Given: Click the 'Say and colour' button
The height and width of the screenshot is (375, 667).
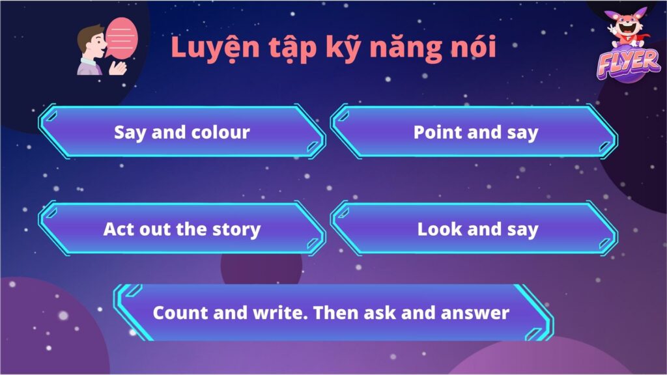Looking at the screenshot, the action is click(x=182, y=132).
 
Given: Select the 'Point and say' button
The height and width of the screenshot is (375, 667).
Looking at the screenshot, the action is click(x=474, y=132).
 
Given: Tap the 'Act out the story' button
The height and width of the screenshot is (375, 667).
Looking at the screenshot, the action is click(x=182, y=229).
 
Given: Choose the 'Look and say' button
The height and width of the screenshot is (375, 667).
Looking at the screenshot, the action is click(x=474, y=229).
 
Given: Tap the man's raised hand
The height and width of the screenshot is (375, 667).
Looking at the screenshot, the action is click(x=117, y=68).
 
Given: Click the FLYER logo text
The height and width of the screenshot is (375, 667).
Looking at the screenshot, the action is click(x=629, y=64).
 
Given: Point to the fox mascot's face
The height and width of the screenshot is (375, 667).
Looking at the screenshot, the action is click(x=628, y=28).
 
